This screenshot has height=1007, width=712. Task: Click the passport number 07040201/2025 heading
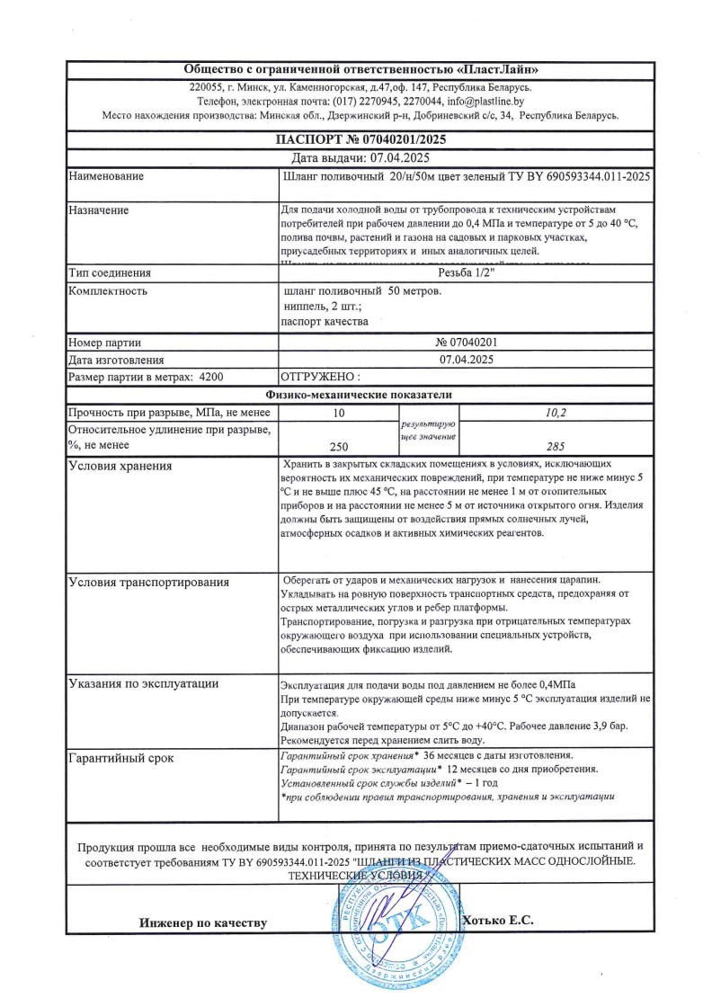click(x=359, y=139)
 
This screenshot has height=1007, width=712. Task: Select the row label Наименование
click(x=106, y=176)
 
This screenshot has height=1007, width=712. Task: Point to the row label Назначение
click(x=99, y=209)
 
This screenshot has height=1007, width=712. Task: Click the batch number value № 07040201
click(x=466, y=342)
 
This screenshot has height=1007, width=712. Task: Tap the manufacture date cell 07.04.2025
click(x=466, y=359)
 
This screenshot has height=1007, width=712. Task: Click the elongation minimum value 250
click(x=338, y=445)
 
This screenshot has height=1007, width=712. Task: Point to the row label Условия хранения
click(x=120, y=466)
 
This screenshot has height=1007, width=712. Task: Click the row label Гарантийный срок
click(x=121, y=758)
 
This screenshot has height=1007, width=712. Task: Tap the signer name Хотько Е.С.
click(x=497, y=920)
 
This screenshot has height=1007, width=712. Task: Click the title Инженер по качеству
click(x=203, y=923)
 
